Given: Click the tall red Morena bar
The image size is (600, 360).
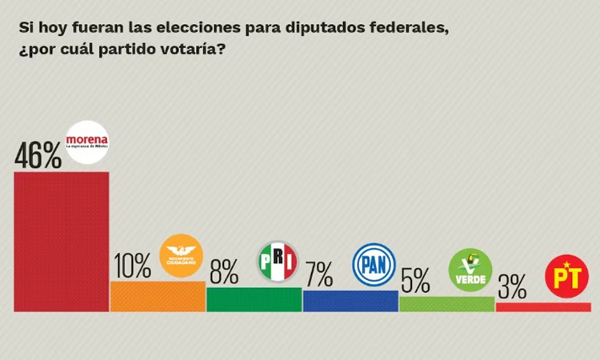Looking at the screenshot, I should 62,242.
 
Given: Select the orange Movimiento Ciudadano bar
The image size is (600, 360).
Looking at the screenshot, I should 158,296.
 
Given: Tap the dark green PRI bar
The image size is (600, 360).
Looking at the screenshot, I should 254,299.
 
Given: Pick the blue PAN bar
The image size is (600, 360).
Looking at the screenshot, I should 350,301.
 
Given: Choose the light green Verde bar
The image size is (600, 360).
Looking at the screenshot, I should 446,304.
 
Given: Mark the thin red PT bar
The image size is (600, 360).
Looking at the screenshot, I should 543,307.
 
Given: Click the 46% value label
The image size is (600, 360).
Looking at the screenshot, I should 38,155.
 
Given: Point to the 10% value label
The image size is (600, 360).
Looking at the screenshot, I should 133,266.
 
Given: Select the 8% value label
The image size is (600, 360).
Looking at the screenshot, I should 224,273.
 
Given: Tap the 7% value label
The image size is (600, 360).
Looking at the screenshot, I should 318,275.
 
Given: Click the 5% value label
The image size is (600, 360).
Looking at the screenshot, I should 416,281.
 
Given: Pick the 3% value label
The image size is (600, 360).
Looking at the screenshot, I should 511,286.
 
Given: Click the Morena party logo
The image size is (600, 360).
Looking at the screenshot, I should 87,142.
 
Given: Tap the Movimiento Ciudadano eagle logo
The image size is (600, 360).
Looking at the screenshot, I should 182,255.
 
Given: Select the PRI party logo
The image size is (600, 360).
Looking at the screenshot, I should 278,262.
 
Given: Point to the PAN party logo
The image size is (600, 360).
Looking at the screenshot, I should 374,264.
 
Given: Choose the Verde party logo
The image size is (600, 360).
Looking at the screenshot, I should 470,270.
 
